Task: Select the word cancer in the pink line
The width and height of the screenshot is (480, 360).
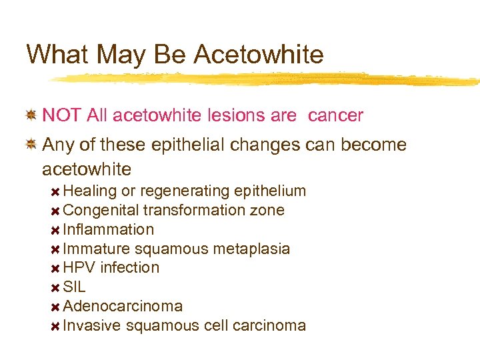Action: tap(335, 115)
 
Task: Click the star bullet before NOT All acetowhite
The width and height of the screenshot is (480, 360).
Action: tap(31, 115)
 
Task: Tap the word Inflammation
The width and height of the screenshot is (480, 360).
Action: tap(108, 229)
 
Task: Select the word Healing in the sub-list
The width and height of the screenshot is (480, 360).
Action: tap(90, 191)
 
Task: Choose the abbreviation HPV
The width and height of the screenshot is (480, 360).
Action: tap(79, 267)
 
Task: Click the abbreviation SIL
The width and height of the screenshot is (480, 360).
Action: tap(74, 287)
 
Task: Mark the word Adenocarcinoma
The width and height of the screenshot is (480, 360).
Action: tap(123, 306)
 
